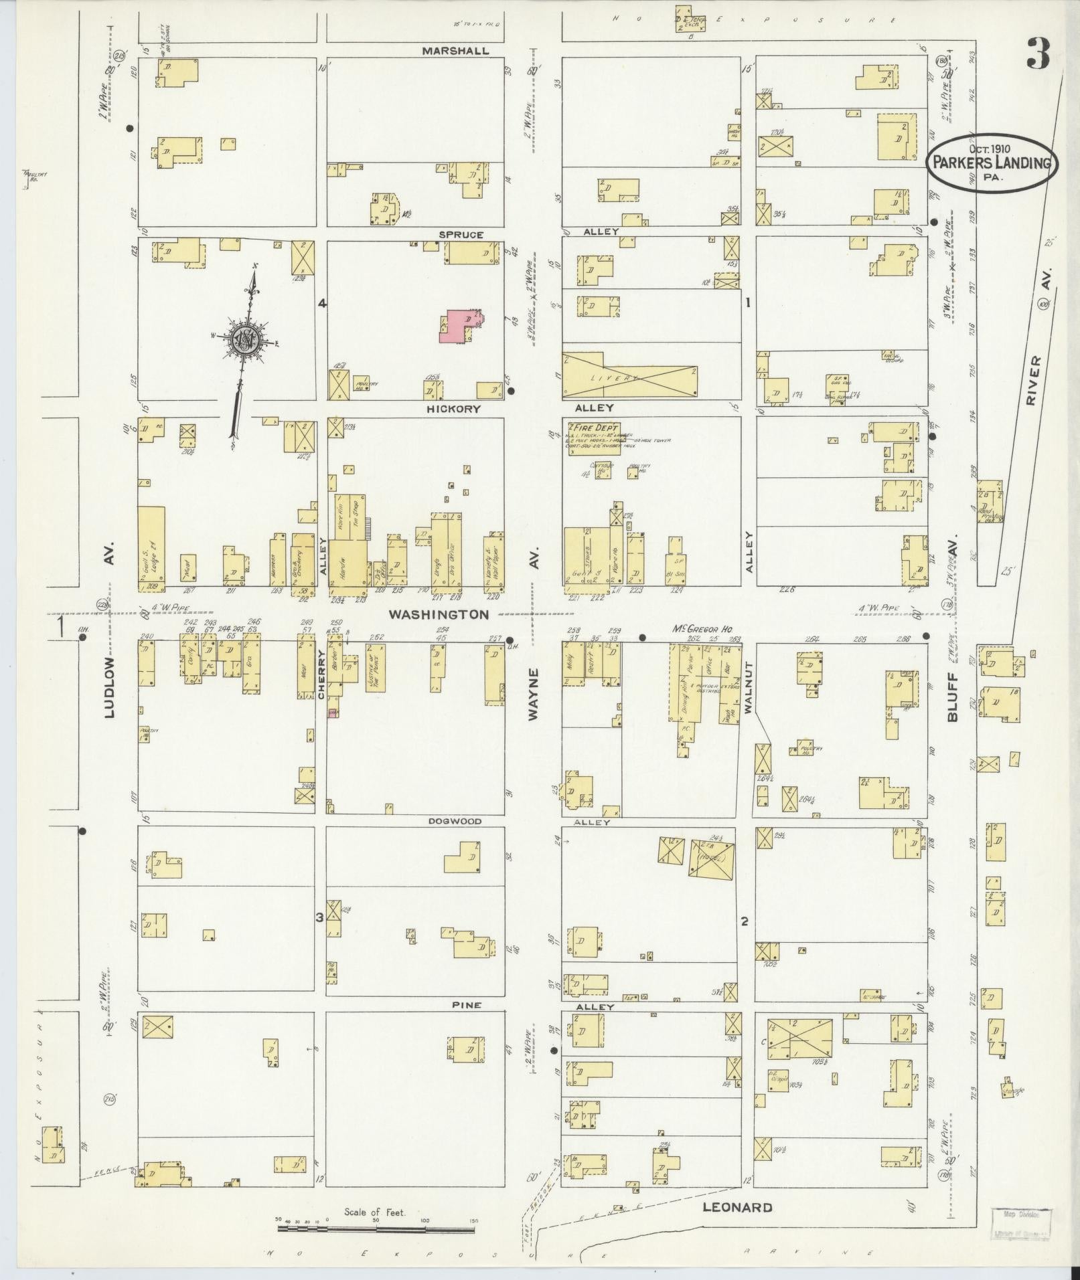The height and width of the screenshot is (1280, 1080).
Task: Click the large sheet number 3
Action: pos(1038,54)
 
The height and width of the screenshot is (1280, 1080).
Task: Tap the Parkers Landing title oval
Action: pos(992,163)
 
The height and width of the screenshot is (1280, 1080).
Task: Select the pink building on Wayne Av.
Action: pos(459,326)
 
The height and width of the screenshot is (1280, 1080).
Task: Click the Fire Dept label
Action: pos(595,428)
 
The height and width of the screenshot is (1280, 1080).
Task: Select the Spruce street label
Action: pos(461,235)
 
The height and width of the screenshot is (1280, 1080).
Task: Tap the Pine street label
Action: pos(467,1005)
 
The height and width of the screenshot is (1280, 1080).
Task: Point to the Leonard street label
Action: pos(737,1208)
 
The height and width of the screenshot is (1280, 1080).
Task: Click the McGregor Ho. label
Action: pos(700,630)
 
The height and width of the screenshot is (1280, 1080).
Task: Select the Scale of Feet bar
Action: pos(376,1228)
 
